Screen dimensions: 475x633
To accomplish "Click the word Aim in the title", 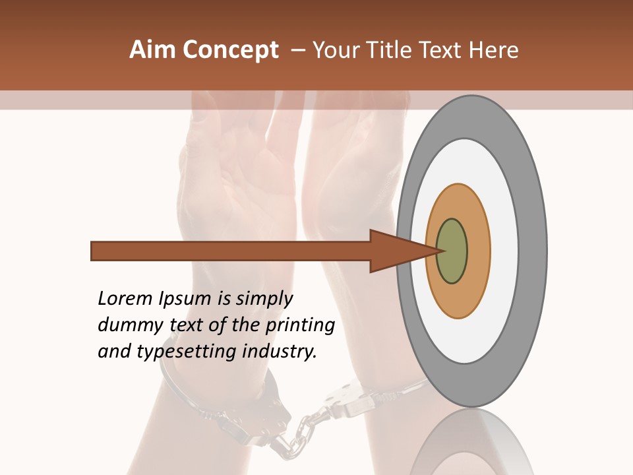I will (x=153, y=50).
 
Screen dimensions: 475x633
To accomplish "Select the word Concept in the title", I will (x=230, y=50).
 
